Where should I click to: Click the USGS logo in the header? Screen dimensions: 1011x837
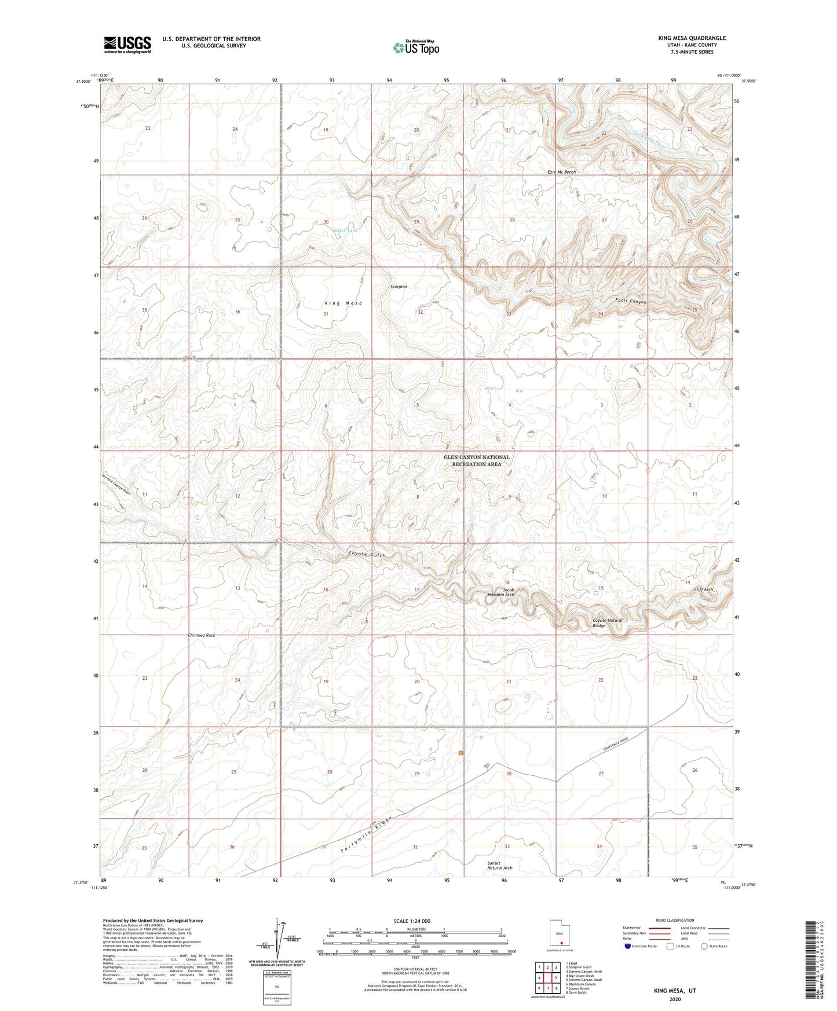pos(127,45)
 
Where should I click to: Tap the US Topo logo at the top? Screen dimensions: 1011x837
pos(416,47)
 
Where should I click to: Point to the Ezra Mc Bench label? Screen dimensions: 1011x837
pos(561,172)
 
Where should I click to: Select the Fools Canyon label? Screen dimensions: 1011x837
pos(631,302)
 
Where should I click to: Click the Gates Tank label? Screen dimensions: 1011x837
pos(346,230)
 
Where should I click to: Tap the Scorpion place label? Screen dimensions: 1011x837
pos(399,287)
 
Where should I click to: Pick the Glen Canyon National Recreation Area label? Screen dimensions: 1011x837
pos(476,460)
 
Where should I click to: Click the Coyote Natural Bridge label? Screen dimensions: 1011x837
pos(607,623)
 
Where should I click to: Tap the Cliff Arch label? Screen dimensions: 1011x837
pos(703,589)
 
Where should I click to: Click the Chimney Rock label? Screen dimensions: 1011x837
pos(202,635)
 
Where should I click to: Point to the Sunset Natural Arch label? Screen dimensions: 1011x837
pos(499,866)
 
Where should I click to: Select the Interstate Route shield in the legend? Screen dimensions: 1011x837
pos(628,947)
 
